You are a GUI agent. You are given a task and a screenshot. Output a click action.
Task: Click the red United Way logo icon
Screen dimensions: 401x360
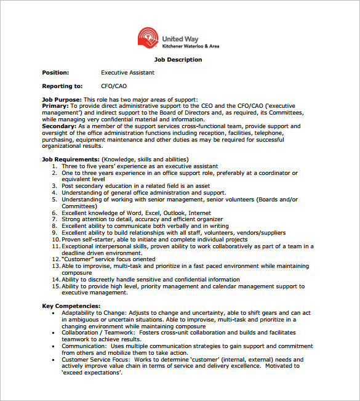148,38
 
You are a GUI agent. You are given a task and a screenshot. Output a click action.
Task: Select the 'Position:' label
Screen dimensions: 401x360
55,73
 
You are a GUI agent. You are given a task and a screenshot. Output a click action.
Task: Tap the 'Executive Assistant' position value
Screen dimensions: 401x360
127,73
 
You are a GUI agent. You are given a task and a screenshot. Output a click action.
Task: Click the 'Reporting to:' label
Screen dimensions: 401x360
62,86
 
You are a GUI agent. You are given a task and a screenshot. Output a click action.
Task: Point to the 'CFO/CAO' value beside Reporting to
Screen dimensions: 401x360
114,86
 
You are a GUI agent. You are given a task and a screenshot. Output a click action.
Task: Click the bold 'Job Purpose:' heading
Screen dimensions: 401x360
62,99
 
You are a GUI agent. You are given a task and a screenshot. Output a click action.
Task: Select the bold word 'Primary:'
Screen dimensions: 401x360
55,106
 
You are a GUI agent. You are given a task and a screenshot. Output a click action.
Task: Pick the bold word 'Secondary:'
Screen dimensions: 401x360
59,126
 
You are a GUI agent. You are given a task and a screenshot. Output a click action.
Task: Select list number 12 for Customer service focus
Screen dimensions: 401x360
55,259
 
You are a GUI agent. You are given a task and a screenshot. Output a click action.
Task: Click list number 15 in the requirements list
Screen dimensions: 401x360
55,286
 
